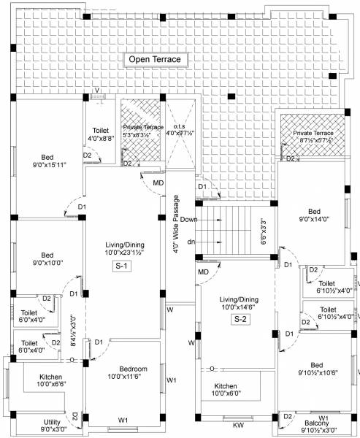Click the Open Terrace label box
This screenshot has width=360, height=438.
[155, 59]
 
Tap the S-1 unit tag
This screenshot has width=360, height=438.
[122, 266]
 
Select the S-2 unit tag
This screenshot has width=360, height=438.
[240, 319]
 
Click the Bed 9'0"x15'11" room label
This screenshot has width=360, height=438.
[47, 161]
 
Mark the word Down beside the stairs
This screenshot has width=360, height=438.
[188, 219]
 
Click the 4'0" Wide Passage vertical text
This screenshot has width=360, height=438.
[176, 223]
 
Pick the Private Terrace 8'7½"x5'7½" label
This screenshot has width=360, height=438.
[313, 137]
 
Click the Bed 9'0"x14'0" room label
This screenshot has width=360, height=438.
[315, 213]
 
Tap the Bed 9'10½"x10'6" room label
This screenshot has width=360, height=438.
[316, 369]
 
